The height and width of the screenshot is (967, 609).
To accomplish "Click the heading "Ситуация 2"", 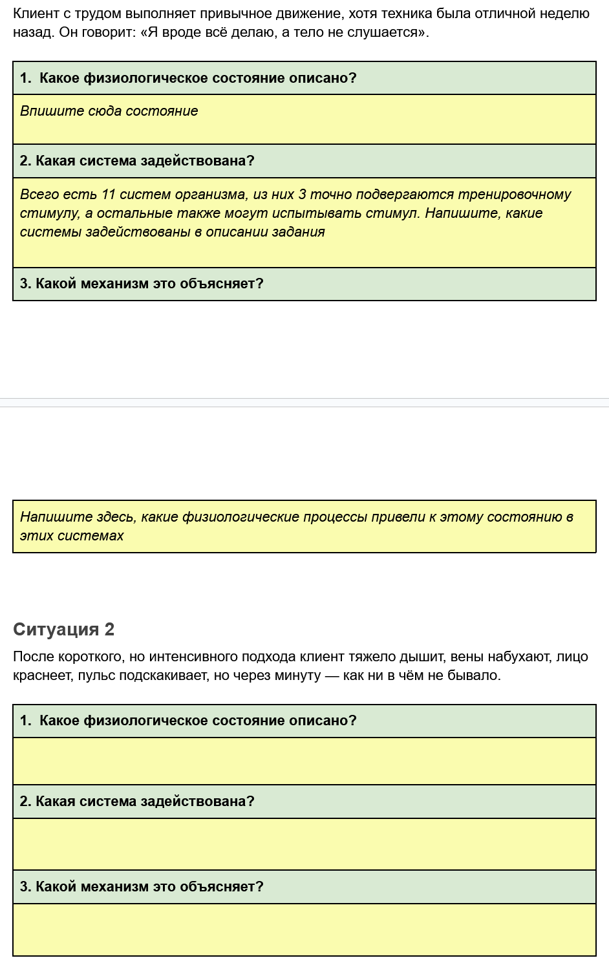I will pos(63,629).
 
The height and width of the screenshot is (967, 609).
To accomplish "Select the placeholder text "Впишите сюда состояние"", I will pos(109,111).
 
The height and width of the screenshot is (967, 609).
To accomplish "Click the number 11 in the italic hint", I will pos(108,195).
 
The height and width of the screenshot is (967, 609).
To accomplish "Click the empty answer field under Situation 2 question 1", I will pos(304,761).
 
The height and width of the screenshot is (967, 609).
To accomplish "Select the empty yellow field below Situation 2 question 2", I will pos(304,844).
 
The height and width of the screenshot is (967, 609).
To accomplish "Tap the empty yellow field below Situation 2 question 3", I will pos(304,930).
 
